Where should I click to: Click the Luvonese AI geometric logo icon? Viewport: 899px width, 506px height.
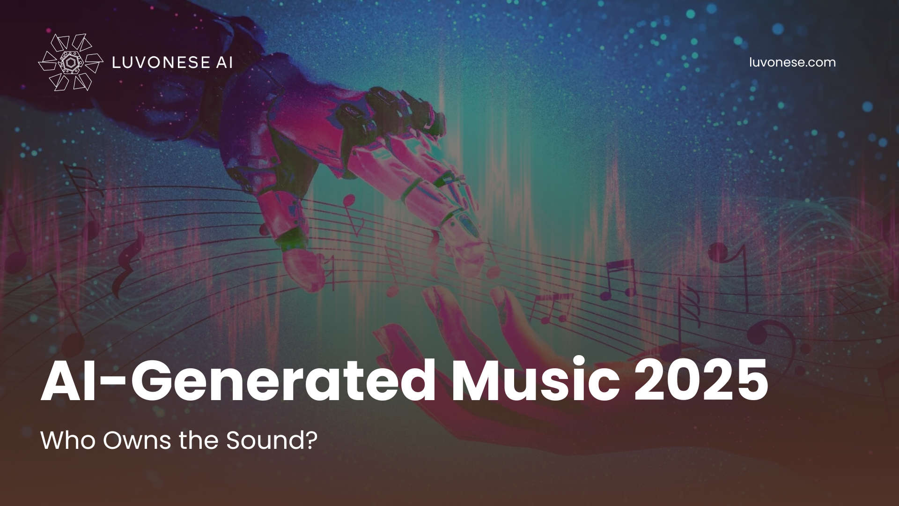pos(70,62)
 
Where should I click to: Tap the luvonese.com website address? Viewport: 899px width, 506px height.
pos(792,62)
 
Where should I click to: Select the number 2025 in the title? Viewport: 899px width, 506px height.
pos(700,381)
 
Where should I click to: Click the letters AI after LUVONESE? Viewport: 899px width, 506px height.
pos(223,62)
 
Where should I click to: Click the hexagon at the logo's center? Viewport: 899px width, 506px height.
pos(70,62)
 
